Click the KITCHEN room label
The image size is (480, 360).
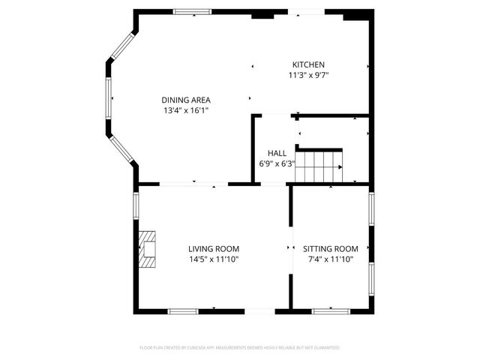click(308, 64)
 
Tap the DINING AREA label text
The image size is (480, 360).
click(186, 100)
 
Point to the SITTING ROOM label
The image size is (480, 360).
click(331, 248)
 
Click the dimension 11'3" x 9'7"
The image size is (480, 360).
click(308, 75)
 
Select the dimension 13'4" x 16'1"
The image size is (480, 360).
click(186, 110)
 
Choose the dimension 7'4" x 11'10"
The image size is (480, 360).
click(331, 259)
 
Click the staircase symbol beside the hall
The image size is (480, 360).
click(319, 165)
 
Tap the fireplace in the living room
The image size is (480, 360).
click(148, 249)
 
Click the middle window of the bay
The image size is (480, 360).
click(109, 98)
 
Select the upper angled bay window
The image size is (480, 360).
click(121, 46)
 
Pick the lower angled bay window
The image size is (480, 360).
click(121, 149)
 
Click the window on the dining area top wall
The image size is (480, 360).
click(193, 11)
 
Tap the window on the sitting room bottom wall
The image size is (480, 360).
click(331, 310)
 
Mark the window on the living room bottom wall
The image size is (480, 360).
click(183, 310)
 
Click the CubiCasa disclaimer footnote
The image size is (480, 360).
click(240, 348)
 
